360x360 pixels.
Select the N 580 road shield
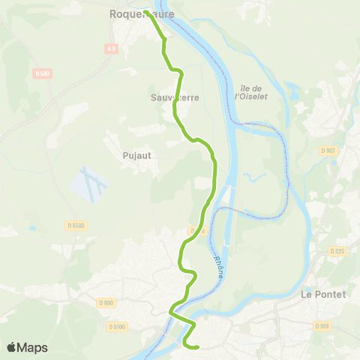[x=42, y=73]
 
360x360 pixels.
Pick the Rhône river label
[x=220, y=266]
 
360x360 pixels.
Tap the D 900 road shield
[x=106, y=303]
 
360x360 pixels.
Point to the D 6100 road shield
[x=118, y=326]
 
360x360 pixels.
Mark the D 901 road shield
[x=322, y=325]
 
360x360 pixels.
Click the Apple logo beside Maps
[x=13, y=347]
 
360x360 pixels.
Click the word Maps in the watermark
[x=34, y=347]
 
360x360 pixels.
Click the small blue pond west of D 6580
[x=31, y=228]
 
